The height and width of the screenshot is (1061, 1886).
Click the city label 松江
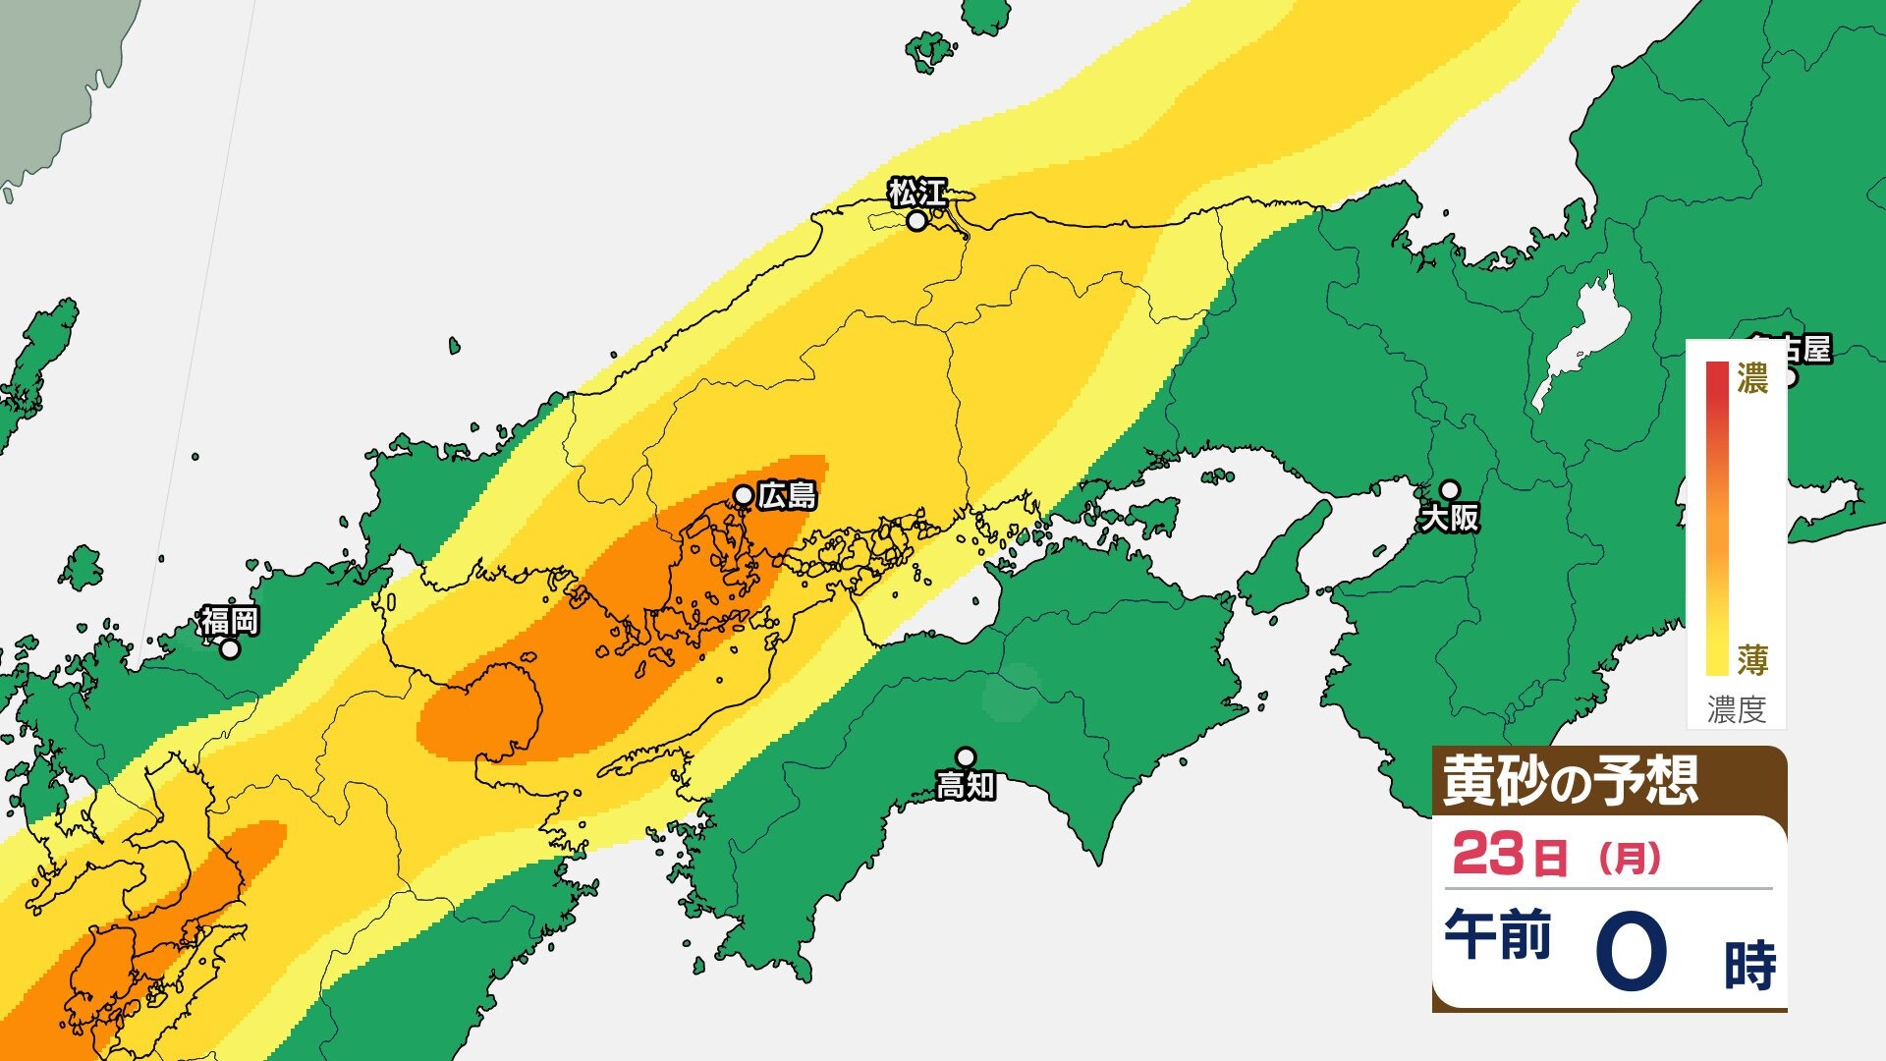[x=917, y=192]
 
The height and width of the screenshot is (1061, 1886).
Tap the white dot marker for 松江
[x=916, y=221]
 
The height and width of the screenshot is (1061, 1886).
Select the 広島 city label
[x=788, y=496]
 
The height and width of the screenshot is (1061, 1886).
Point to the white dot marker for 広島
[x=745, y=494]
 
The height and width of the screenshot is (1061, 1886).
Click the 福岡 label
[x=230, y=621]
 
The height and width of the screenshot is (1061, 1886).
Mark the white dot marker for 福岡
[x=230, y=649]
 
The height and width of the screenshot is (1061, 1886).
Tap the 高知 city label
[x=966, y=786]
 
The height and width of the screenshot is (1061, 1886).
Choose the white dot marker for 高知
[x=967, y=756]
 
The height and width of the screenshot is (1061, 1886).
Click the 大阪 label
[x=1450, y=518]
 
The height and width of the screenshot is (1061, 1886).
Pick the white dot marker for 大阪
[x=1450, y=489]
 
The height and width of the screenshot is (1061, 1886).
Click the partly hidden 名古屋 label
[x=1803, y=349]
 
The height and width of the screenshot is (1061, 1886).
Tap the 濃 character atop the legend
[x=1752, y=379]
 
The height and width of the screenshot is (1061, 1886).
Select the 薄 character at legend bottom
[x=1752, y=660]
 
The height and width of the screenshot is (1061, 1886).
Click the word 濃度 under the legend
[x=1737, y=709]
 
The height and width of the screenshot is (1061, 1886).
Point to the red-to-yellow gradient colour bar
[x=1717, y=519]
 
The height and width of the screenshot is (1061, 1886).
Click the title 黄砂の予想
[x=1570, y=781]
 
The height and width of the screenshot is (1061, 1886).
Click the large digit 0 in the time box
[x=1632, y=951]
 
